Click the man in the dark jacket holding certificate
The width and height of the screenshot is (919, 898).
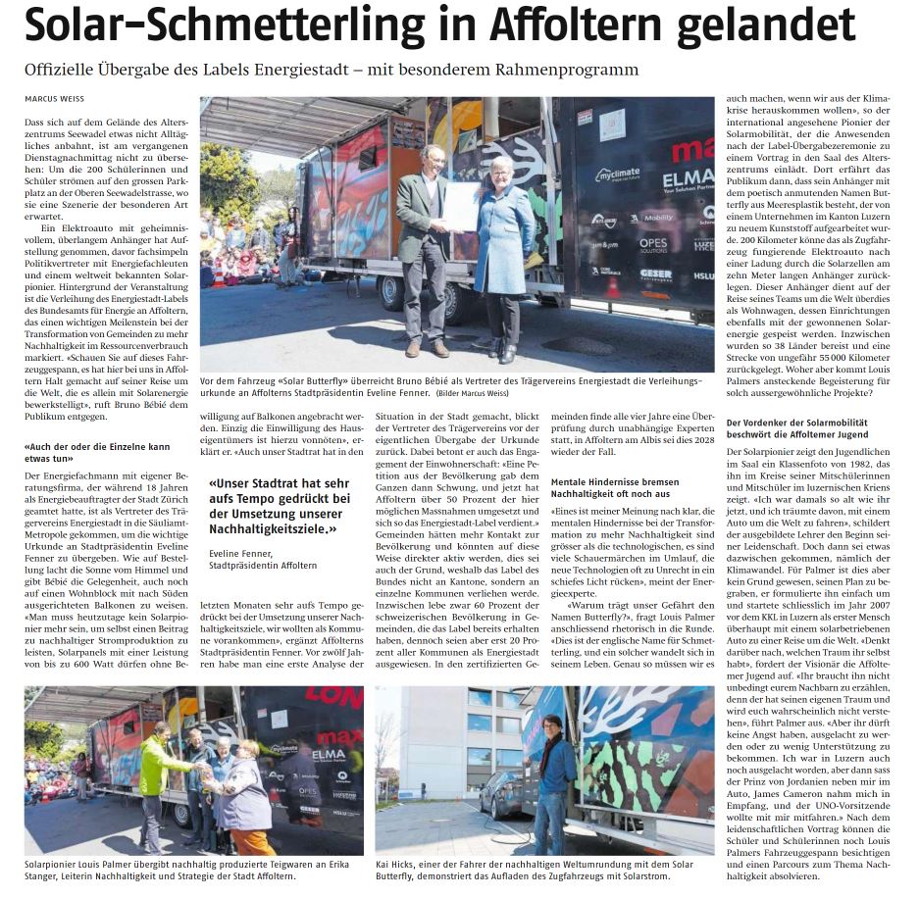click(425, 245)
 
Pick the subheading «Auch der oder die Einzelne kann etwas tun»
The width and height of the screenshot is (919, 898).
click(97, 453)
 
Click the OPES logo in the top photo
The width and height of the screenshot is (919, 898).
click(653, 243)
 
